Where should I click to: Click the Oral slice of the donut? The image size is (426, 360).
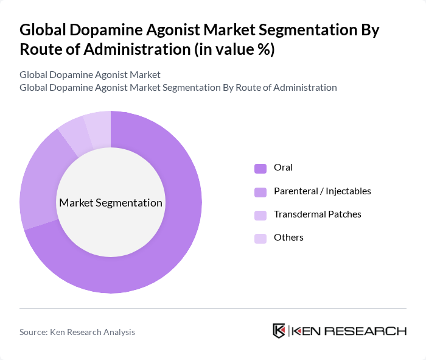pyautogui.click(x=183, y=231)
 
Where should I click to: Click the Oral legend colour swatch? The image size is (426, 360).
pyautogui.click(x=260, y=168)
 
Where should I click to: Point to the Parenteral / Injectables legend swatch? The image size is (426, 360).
pyautogui.click(x=260, y=192)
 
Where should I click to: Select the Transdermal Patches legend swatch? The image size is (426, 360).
pyautogui.click(x=260, y=215)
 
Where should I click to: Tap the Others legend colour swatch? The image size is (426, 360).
pyautogui.click(x=260, y=238)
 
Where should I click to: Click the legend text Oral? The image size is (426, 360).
pyautogui.click(x=283, y=168)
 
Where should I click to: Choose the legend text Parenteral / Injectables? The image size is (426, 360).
pyautogui.click(x=322, y=191)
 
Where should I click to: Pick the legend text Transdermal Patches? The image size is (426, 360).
pyautogui.click(x=317, y=214)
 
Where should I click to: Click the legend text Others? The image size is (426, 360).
pyautogui.click(x=288, y=238)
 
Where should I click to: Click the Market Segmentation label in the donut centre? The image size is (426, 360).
pyautogui.click(x=111, y=203)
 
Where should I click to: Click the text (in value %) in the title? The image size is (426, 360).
pyautogui.click(x=234, y=49)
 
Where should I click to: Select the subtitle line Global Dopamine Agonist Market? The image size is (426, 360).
pyautogui.click(x=90, y=74)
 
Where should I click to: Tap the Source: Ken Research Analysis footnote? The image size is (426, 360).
pyautogui.click(x=77, y=332)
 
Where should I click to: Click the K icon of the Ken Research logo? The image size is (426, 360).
pyautogui.click(x=279, y=331)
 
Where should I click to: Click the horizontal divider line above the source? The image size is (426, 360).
pyautogui.click(x=213, y=308)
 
